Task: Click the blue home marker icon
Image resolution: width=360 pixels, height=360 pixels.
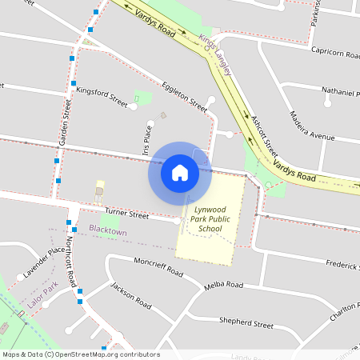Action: [x=180, y=172]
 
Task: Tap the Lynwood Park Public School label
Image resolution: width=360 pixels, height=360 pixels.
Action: [x=210, y=219]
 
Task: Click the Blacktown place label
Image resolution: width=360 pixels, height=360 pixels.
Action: [x=108, y=230]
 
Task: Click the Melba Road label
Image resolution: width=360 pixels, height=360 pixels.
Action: [x=223, y=285]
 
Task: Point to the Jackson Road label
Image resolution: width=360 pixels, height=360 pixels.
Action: [x=130, y=295]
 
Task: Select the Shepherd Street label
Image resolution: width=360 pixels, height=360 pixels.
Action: [x=246, y=322]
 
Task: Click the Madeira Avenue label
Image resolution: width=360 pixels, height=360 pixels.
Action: [x=311, y=125]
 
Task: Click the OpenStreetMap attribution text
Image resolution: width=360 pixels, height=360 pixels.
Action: [x=80, y=354]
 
